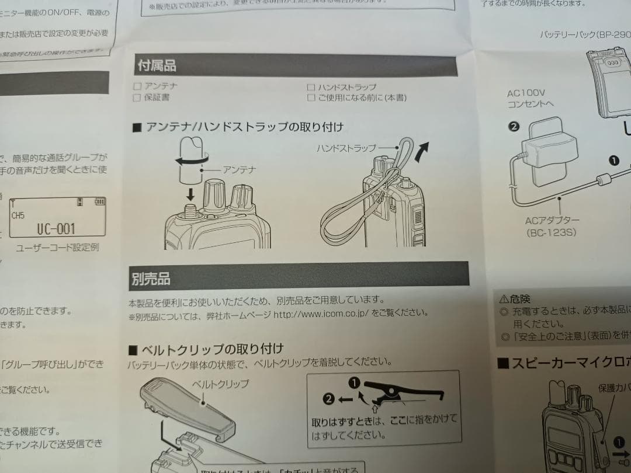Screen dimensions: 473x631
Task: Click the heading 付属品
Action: pyautogui.click(x=156, y=65)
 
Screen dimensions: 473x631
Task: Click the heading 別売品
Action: pyautogui.click(x=151, y=279)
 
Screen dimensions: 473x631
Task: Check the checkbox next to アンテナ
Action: pyautogui.click(x=137, y=86)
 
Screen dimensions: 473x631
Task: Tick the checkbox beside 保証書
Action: pyautogui.click(x=137, y=98)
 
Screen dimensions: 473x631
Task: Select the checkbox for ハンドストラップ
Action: pyautogui.click(x=311, y=87)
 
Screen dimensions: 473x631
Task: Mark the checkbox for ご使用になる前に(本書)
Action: pyautogui.click(x=311, y=98)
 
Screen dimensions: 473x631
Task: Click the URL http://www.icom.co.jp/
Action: pyautogui.click(x=320, y=313)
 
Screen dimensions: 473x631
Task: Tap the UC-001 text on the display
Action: pyautogui.click(x=56, y=228)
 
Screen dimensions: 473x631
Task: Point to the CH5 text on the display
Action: pyautogui.click(x=18, y=215)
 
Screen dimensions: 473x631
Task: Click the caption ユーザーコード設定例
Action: pyautogui.click(x=57, y=247)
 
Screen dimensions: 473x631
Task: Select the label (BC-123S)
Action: pyautogui.click(x=552, y=232)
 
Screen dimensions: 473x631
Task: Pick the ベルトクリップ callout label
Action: pyautogui.click(x=220, y=384)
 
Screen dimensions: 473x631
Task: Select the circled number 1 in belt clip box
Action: pyautogui.click(x=353, y=383)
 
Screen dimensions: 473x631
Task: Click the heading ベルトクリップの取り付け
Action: pyautogui.click(x=207, y=350)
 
